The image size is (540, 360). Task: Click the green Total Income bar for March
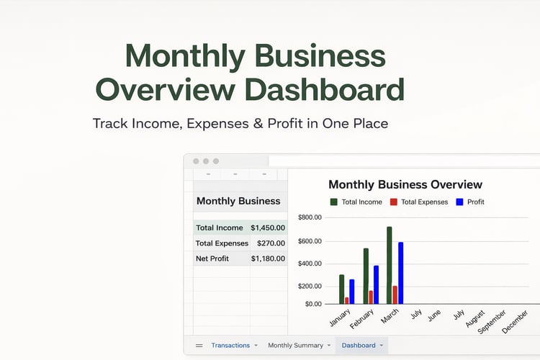(x=389, y=265)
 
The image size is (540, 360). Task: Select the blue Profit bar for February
(x=376, y=285)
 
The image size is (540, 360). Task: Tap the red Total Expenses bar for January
(x=347, y=301)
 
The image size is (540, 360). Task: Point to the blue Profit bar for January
(x=351, y=292)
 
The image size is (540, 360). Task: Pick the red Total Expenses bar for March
(x=395, y=295)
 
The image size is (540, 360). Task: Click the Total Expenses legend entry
(x=419, y=202)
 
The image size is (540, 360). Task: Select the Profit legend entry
(x=470, y=202)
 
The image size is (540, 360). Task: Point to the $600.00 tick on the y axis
(x=310, y=241)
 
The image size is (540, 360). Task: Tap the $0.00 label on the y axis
(x=313, y=304)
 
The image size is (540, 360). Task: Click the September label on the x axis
(x=492, y=322)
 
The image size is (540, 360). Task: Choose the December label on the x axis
(x=515, y=322)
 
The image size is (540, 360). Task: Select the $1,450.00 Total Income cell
(x=268, y=228)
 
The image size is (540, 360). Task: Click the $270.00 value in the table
(x=271, y=243)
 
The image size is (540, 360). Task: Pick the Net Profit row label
(x=212, y=258)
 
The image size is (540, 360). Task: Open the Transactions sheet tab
(x=230, y=345)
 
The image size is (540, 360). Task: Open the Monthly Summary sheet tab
(x=295, y=345)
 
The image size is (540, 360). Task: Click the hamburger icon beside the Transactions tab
(x=199, y=346)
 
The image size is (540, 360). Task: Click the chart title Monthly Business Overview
(x=405, y=184)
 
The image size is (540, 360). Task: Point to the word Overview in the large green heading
(x=166, y=89)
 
